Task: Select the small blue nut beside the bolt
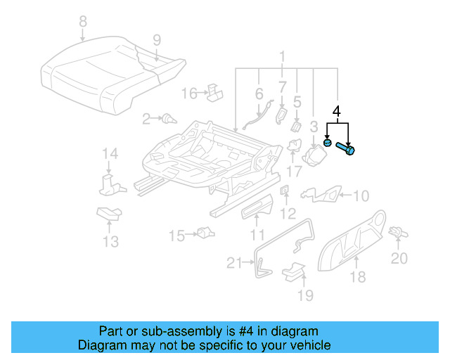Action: [x=327, y=143]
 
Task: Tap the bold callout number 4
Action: [x=337, y=111]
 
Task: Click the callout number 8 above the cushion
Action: [x=83, y=22]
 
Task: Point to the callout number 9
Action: [x=157, y=39]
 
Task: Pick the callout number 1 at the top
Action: [x=282, y=56]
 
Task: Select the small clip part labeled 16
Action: [x=214, y=91]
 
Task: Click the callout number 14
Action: [x=108, y=155]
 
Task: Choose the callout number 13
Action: [x=109, y=243]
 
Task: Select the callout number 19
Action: [x=304, y=295]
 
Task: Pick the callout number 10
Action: [x=359, y=196]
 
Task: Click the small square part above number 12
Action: [x=284, y=191]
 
